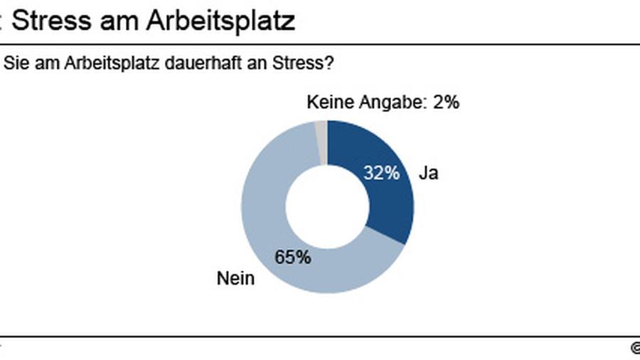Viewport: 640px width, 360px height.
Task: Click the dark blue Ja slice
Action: (388, 206)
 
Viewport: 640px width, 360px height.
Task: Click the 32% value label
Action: (381, 173)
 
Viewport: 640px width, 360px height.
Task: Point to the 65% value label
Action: (293, 258)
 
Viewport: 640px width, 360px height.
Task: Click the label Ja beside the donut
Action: (428, 173)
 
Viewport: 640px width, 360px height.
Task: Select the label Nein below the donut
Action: (235, 278)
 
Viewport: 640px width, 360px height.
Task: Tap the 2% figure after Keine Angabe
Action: (446, 102)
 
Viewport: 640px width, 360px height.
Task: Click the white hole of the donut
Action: (327, 206)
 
